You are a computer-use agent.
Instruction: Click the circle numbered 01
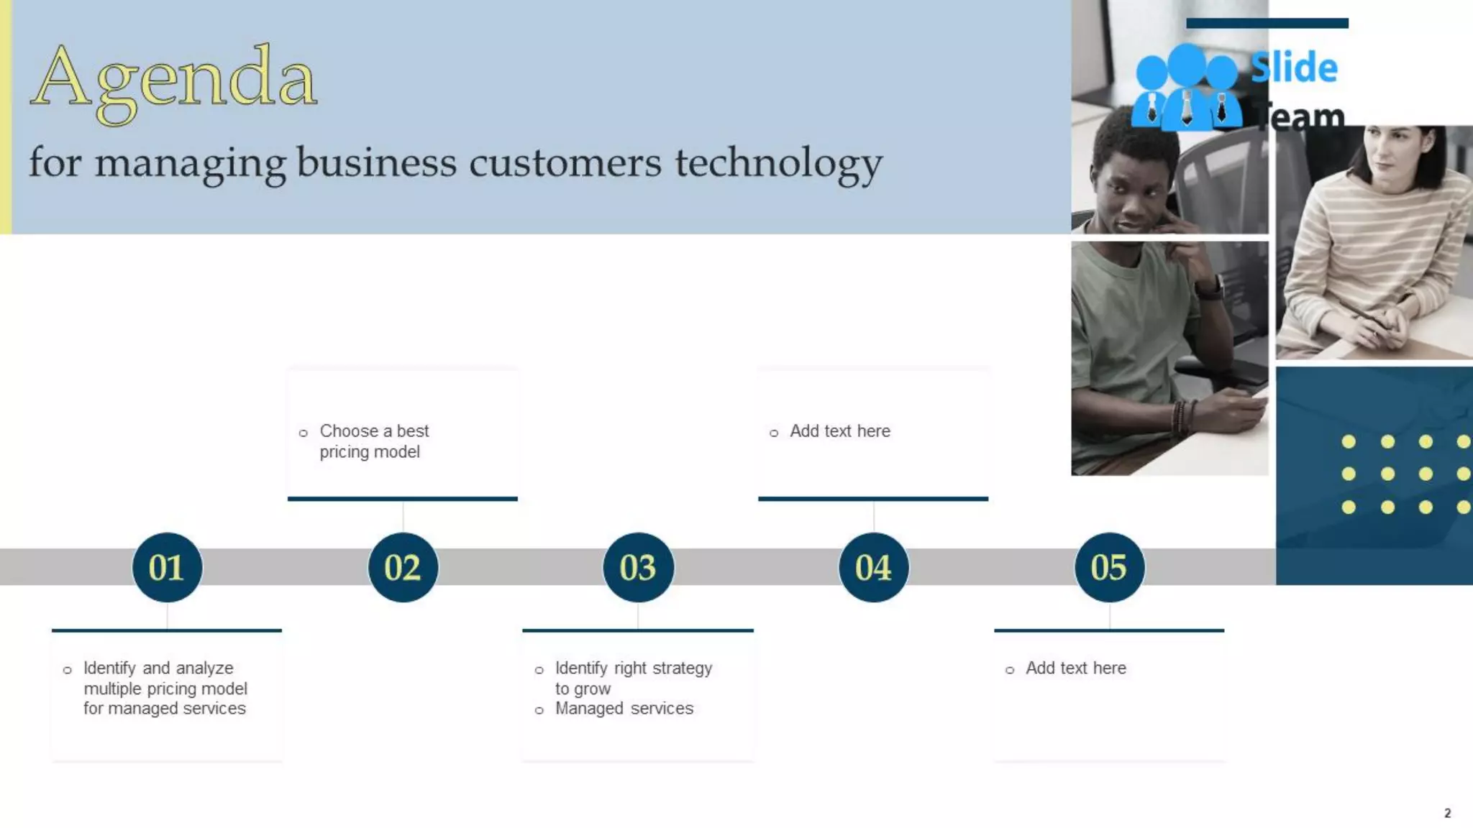(x=167, y=567)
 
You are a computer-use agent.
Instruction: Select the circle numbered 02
(x=403, y=567)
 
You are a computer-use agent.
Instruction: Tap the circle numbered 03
(x=638, y=567)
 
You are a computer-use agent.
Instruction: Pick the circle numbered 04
(x=873, y=567)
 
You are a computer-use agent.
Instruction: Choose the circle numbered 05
(x=1109, y=567)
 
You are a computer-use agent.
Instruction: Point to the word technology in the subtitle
(x=778, y=162)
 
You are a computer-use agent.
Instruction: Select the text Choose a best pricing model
(x=373, y=441)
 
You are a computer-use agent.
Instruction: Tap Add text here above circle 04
(x=839, y=431)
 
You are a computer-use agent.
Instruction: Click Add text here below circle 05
(x=1075, y=668)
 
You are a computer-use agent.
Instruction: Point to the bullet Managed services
(x=624, y=709)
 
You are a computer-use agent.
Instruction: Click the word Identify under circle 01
(x=109, y=668)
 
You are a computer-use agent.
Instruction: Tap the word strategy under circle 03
(x=681, y=668)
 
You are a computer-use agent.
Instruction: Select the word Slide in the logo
(x=1294, y=68)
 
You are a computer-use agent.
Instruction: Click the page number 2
(x=1447, y=813)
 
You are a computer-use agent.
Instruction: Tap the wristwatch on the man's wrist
(x=1210, y=289)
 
